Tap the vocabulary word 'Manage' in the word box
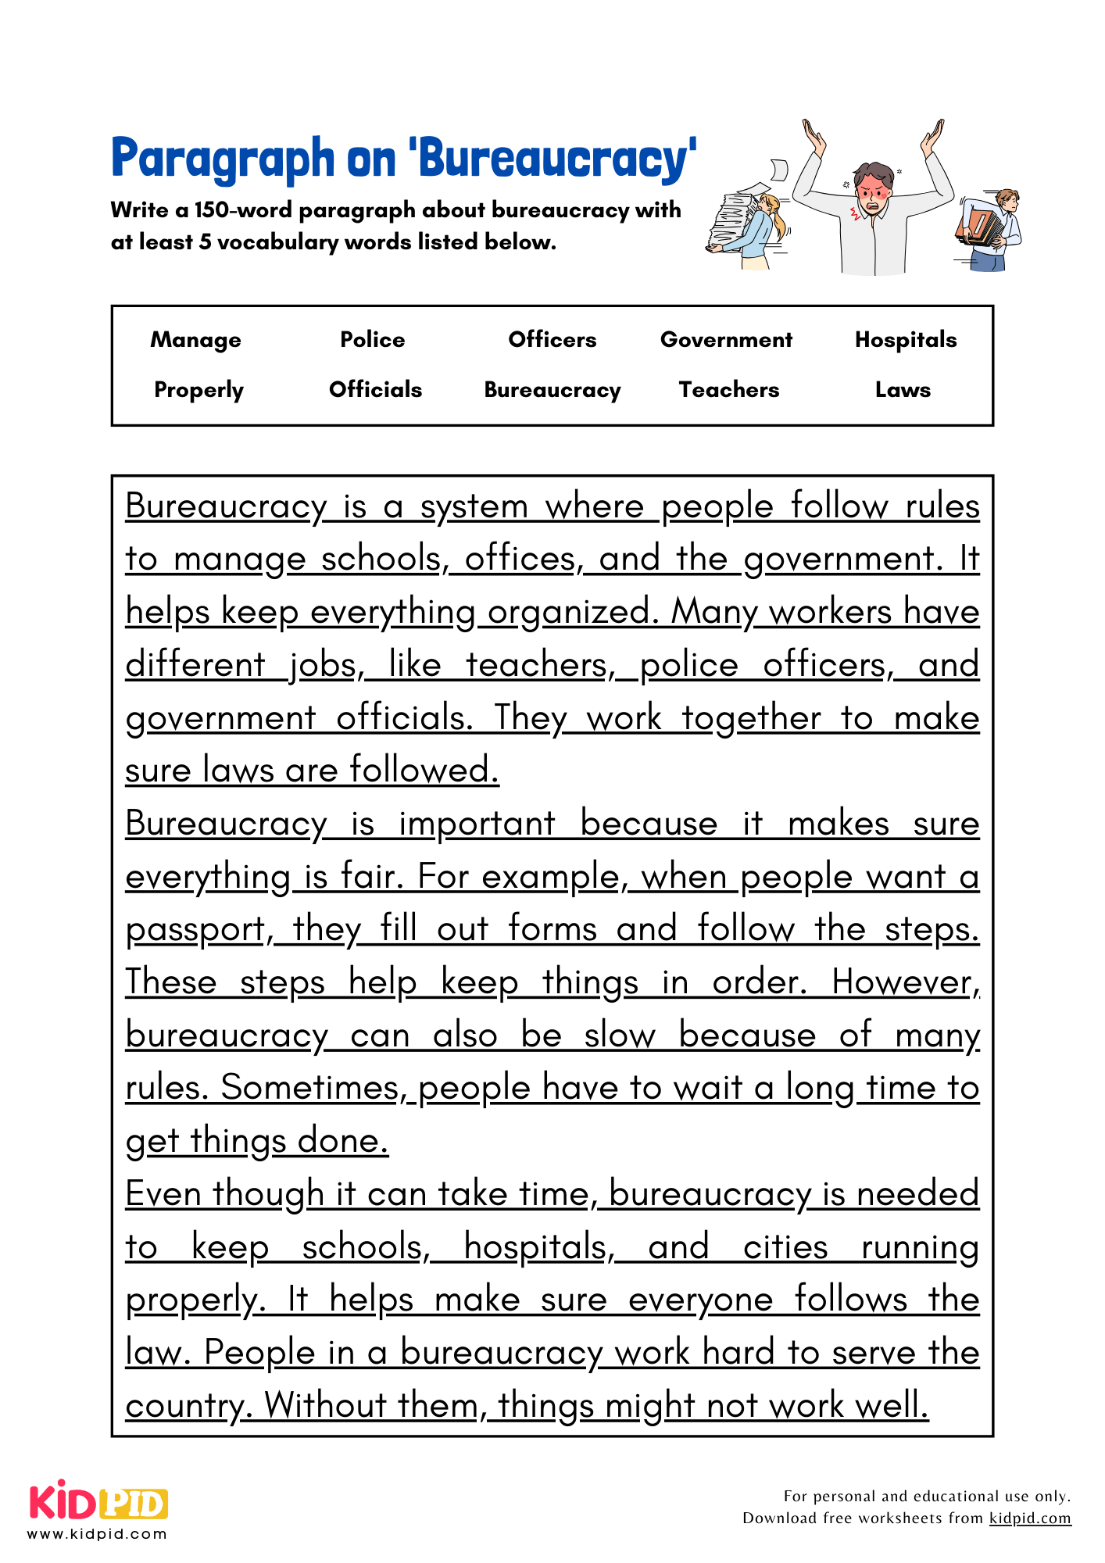pyautogui.click(x=195, y=340)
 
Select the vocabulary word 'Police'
pyautogui.click(x=373, y=340)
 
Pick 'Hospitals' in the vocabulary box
pyautogui.click(x=906, y=340)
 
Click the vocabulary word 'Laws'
pyautogui.click(x=903, y=390)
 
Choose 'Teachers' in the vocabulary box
pyautogui.click(x=728, y=390)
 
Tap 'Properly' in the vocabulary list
pyautogui.click(x=198, y=390)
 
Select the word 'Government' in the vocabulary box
pyautogui.click(x=726, y=340)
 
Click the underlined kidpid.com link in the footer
pyautogui.click(x=1030, y=1518)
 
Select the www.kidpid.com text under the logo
pyautogui.click(x=98, y=1533)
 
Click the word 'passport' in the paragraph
pyautogui.click(x=195, y=930)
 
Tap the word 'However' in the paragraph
pyautogui.click(x=903, y=982)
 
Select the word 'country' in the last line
pyautogui.click(x=184, y=1406)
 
